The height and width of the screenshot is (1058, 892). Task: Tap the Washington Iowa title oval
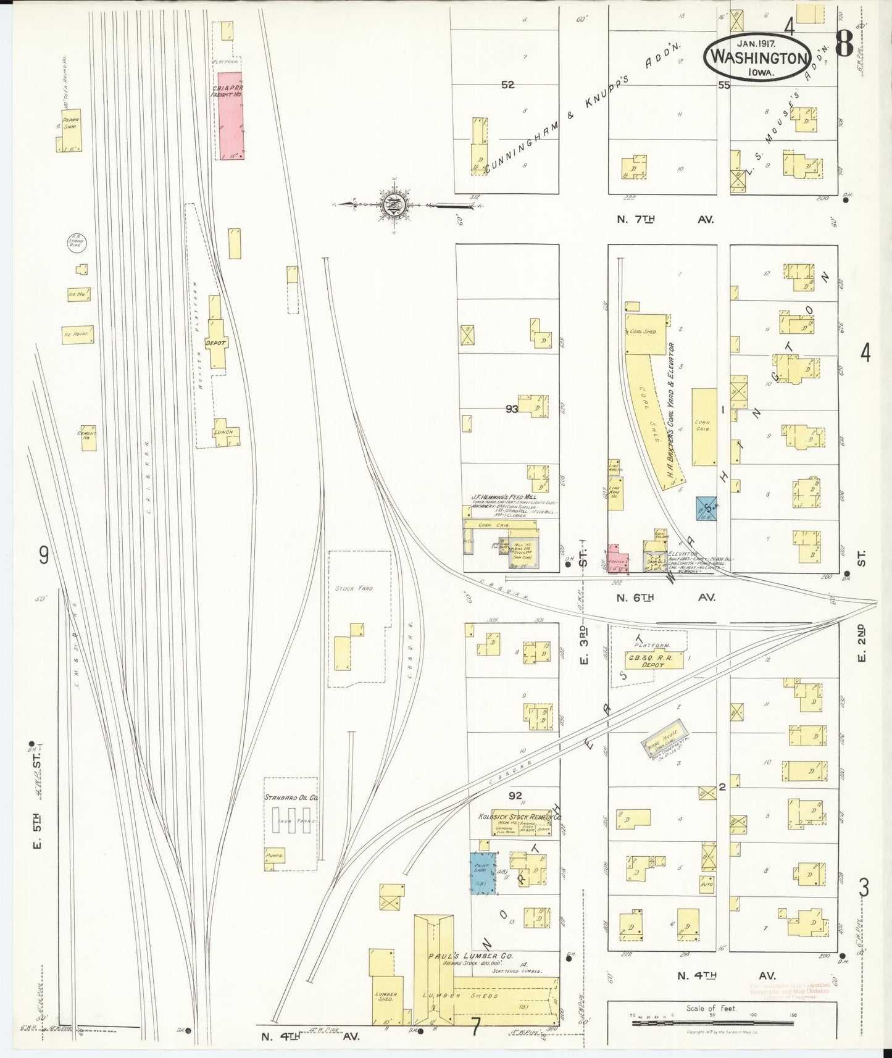757,56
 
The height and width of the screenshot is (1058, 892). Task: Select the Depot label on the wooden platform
216,343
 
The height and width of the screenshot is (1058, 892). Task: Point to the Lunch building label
223,432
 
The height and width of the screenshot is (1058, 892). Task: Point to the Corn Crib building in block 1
704,427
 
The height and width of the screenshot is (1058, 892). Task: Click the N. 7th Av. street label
665,219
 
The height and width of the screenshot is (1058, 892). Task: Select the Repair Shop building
69,131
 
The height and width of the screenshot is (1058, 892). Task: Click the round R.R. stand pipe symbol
78,243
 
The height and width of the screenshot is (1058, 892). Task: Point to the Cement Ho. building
88,437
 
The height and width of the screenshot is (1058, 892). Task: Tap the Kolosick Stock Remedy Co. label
520,816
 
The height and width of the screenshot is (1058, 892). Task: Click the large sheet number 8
844,44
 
